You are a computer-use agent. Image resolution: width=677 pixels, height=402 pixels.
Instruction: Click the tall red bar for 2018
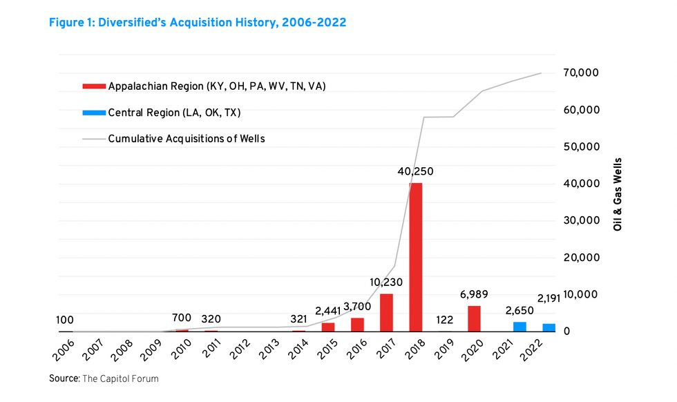point(415,257)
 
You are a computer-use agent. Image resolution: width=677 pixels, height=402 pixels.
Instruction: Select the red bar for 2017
point(386,313)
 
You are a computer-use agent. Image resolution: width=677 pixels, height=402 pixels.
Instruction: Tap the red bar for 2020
point(474,318)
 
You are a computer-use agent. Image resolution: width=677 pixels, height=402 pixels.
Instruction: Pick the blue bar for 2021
point(519,327)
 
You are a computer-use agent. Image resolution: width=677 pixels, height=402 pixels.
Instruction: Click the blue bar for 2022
point(549,327)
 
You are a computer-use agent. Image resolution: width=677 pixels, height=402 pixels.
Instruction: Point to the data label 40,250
point(415,171)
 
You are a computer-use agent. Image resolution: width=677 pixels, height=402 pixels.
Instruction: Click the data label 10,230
point(386,283)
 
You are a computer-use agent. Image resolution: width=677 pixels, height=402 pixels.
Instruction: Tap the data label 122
point(445,320)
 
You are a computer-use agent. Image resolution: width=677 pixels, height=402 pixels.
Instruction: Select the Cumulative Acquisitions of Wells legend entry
point(186,139)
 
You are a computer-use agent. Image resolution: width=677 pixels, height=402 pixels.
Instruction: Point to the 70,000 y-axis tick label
point(580,73)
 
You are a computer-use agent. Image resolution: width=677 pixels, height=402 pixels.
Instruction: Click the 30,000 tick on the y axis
point(580,220)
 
